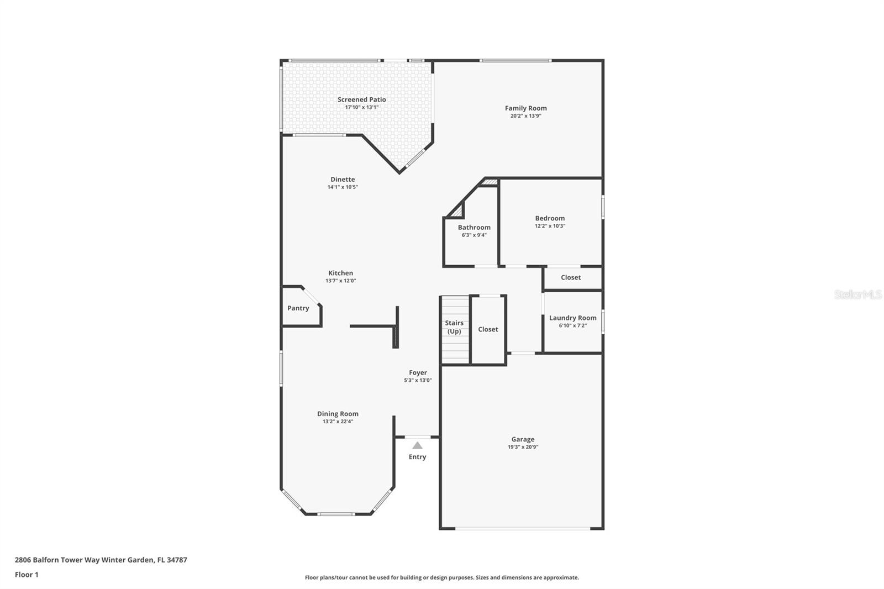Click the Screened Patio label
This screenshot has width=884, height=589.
(361, 99)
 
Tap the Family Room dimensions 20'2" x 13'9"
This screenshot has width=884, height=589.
(525, 115)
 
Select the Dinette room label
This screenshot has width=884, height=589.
(343, 179)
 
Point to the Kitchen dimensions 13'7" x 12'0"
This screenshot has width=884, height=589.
(340, 281)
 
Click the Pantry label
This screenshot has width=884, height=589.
(298, 308)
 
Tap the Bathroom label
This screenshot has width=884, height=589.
(474, 228)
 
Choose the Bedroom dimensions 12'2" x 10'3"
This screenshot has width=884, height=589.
(550, 226)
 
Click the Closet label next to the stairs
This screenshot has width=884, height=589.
(488, 329)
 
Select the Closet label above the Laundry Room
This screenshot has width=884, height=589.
(571, 277)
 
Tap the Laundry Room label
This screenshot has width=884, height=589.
(572, 318)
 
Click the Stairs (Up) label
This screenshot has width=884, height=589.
(454, 327)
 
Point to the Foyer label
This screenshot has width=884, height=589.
(418, 372)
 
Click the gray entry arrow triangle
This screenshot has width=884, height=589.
(418, 446)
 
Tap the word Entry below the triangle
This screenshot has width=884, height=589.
(417, 457)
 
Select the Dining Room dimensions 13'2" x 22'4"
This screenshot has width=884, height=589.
(338, 421)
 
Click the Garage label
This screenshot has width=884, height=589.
(523, 439)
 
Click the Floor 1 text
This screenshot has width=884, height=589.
(27, 575)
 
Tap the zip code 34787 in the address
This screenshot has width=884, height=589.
(177, 560)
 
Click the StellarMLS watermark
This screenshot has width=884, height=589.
(858, 294)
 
